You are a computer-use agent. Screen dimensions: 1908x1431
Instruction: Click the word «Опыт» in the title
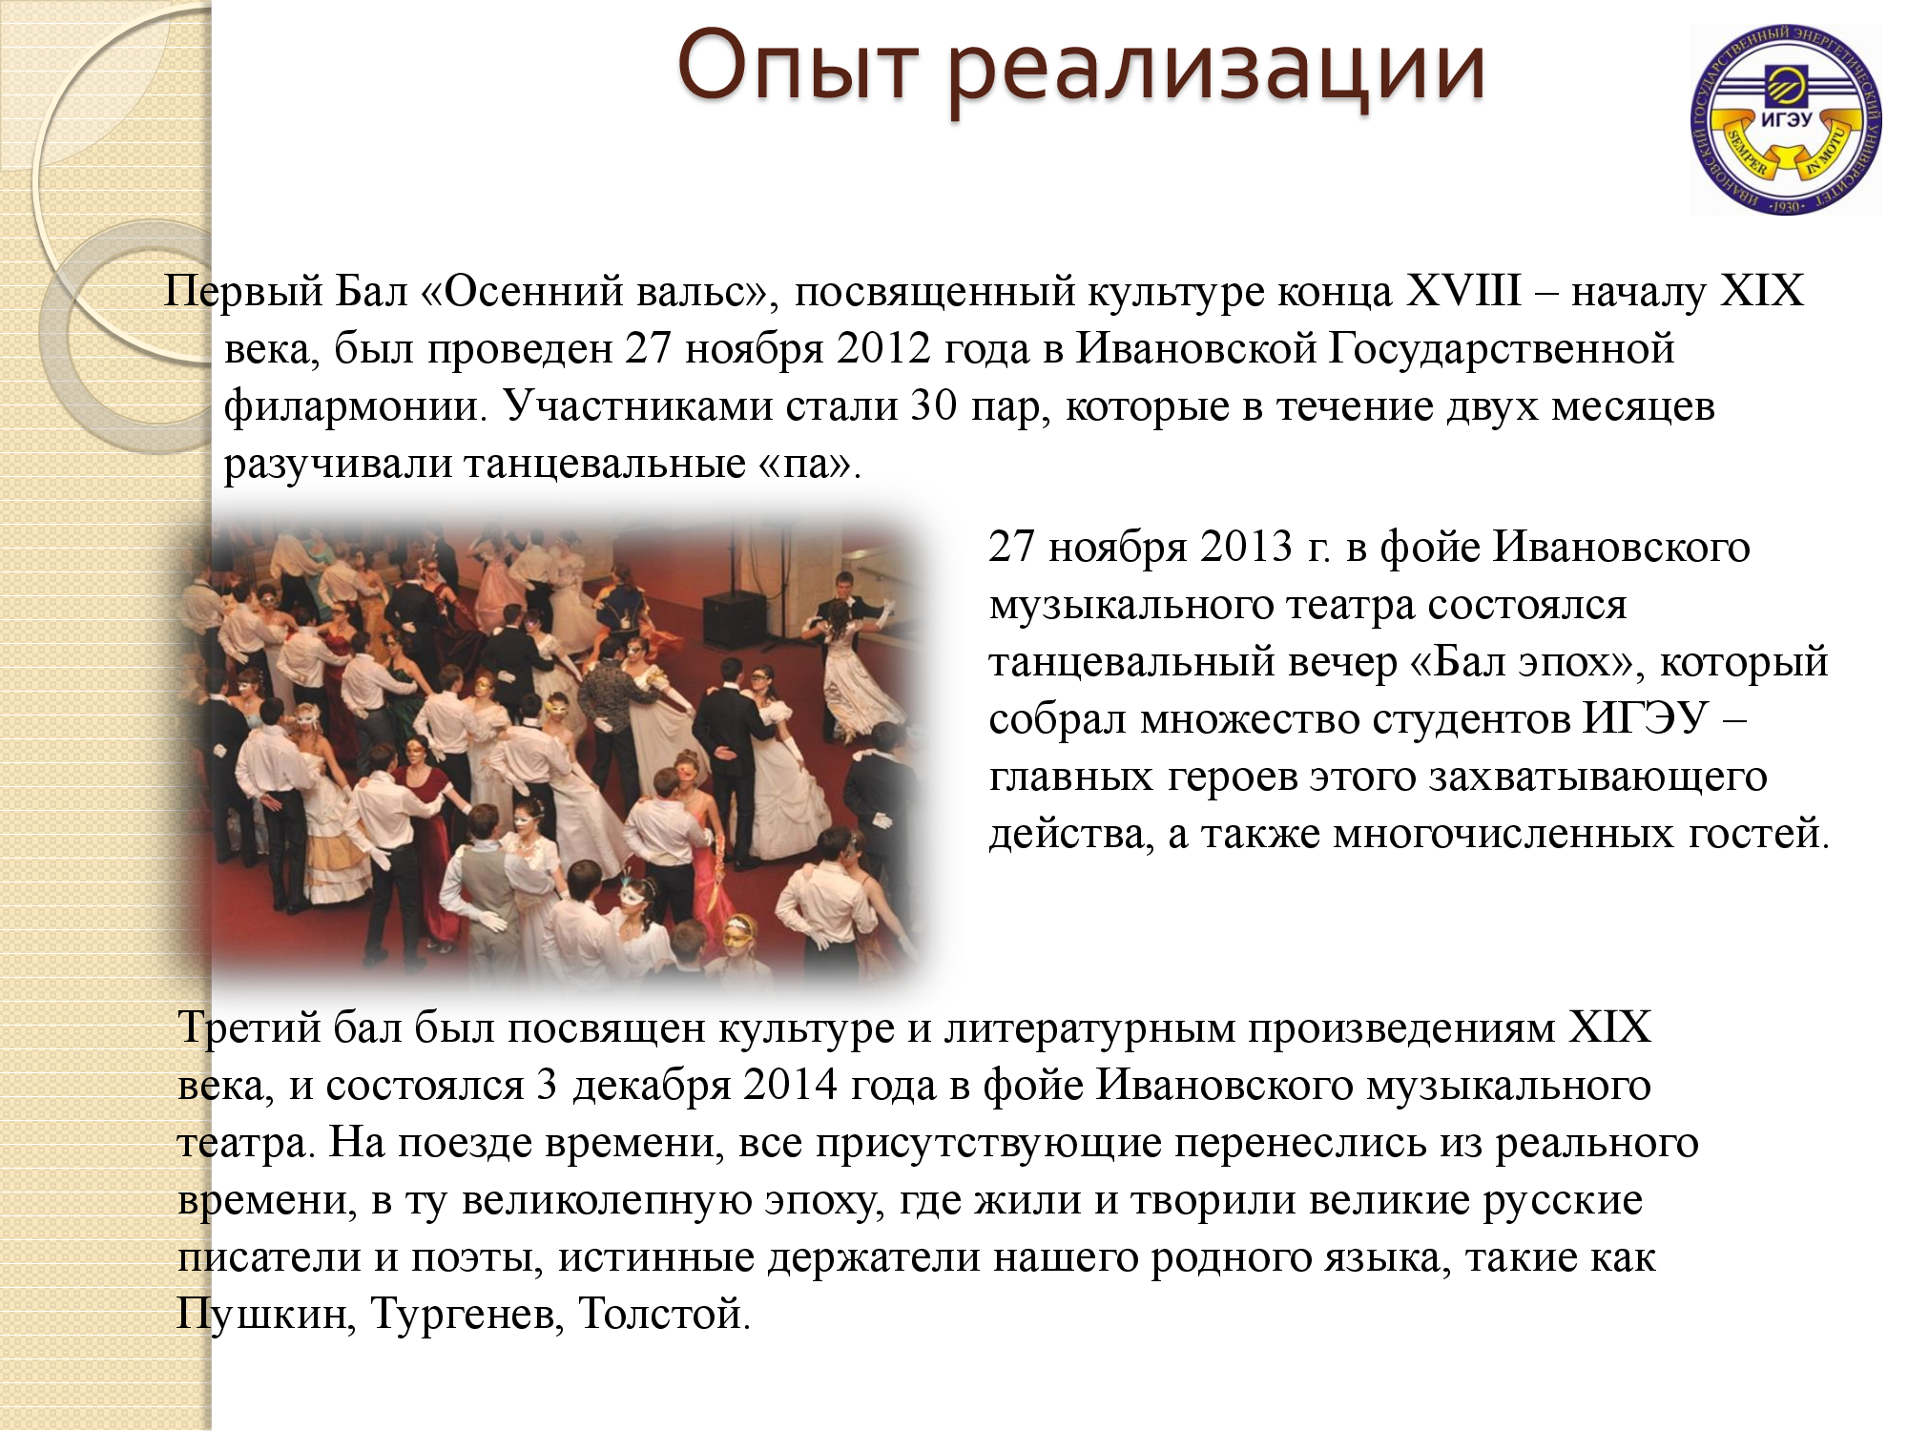coord(798,67)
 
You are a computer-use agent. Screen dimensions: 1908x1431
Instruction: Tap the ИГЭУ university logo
coord(1786,119)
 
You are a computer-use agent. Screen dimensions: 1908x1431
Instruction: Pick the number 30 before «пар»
coord(934,406)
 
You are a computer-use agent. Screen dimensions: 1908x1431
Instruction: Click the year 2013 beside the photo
coord(1246,547)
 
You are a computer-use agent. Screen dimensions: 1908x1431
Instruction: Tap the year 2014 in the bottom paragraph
coord(791,1086)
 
